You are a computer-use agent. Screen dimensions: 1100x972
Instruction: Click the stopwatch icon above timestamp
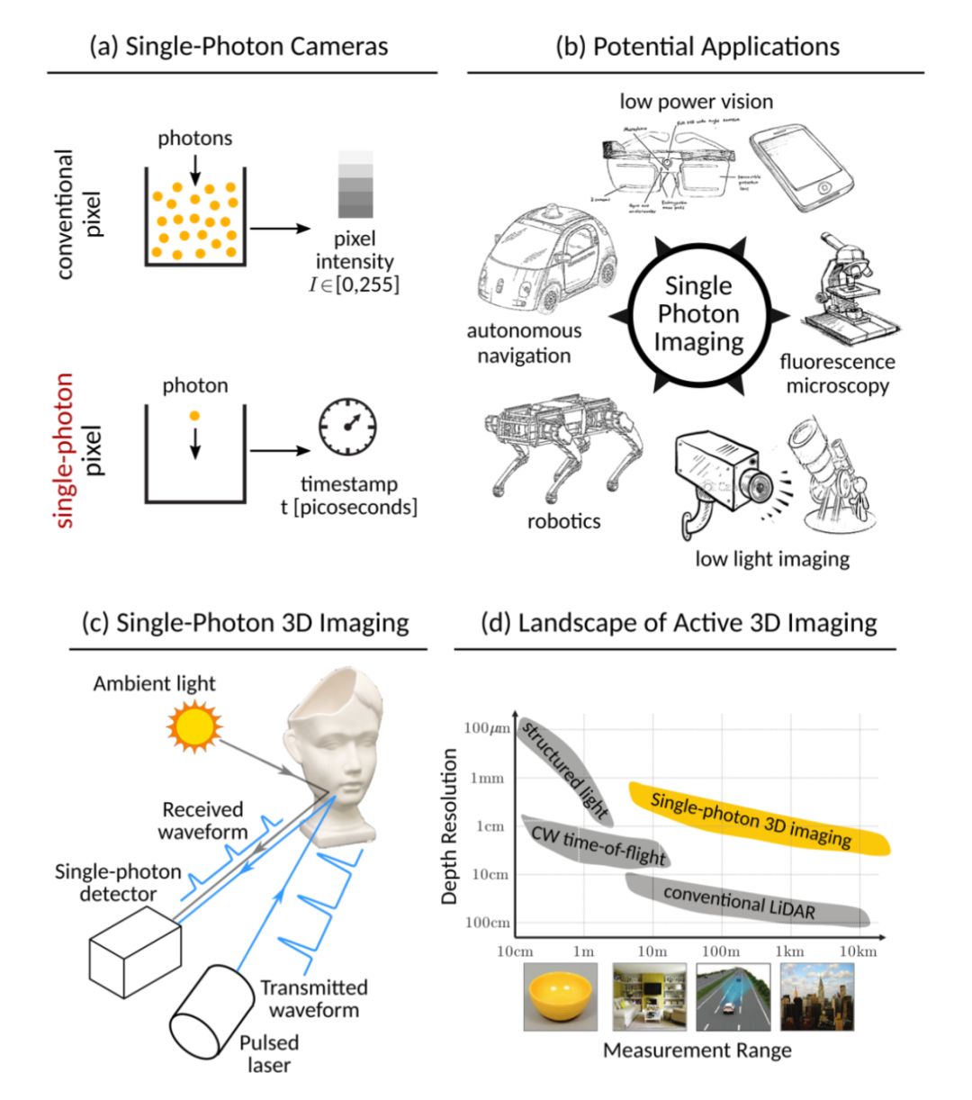[x=347, y=429]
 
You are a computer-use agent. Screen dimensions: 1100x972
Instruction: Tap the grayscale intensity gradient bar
[x=355, y=185]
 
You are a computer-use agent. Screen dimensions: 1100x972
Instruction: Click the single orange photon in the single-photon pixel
[x=194, y=417]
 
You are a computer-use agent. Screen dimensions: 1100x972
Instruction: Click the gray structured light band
[x=564, y=770]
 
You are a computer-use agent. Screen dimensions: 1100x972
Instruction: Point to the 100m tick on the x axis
[x=721, y=951]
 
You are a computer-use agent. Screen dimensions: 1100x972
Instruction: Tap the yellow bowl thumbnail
[x=560, y=997]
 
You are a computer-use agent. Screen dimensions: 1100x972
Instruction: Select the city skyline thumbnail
[x=816, y=997]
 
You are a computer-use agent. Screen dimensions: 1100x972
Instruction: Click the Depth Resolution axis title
[x=451, y=826]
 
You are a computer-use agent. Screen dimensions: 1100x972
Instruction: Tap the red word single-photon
[x=64, y=450]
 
